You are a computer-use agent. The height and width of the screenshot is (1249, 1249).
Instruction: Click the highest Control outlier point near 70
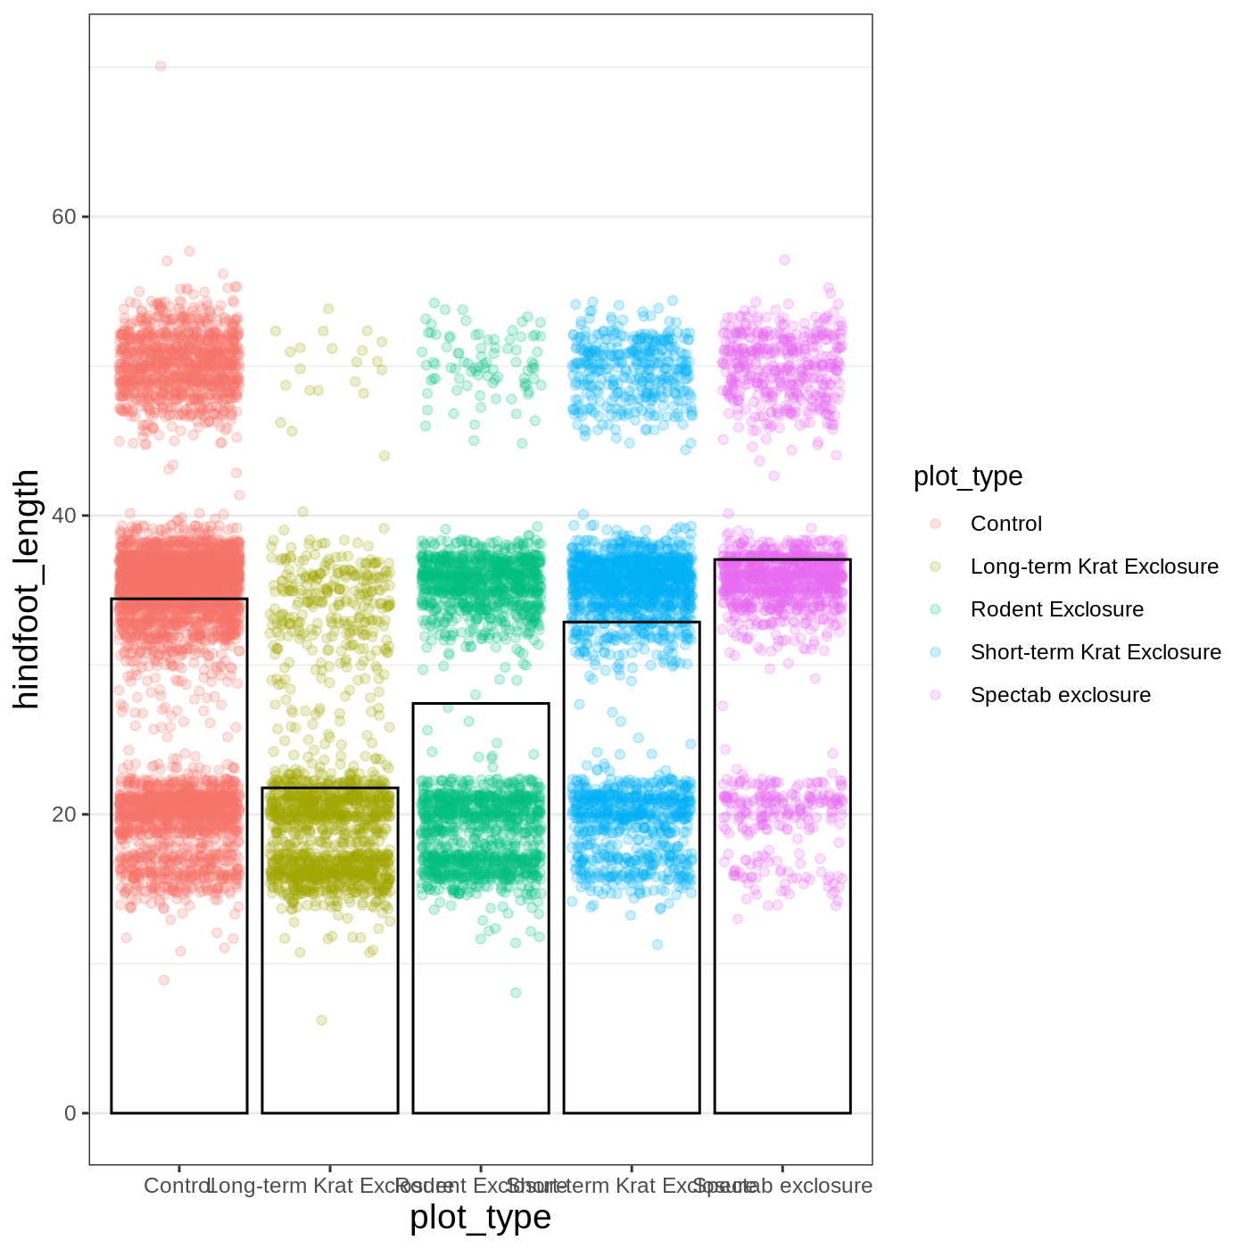(161, 66)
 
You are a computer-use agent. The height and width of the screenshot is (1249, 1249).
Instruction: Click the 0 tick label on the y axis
(70, 1113)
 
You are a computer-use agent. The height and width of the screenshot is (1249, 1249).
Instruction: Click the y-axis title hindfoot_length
(27, 589)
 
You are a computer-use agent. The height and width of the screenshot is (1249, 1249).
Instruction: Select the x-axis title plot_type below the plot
(480, 1218)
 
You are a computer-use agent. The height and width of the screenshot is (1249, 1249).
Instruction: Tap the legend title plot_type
(968, 476)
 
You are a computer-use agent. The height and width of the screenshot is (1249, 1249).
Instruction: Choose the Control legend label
(1005, 524)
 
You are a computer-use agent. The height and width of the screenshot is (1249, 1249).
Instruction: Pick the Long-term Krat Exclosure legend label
(1094, 567)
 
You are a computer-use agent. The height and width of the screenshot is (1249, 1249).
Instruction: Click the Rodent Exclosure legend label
(1056, 609)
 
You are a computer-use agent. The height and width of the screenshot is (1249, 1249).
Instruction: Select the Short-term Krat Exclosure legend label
(1096, 652)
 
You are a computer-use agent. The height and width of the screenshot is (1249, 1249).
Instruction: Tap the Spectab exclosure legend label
(1060, 695)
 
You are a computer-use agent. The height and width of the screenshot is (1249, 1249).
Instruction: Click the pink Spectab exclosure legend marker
(935, 695)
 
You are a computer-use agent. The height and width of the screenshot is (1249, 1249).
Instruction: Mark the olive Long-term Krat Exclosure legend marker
(935, 567)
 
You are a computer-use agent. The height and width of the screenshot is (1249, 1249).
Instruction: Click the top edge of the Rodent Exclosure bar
(481, 704)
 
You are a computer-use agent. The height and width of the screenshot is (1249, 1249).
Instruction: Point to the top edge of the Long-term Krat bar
(330, 788)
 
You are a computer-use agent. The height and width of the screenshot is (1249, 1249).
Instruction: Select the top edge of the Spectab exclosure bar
(782, 559)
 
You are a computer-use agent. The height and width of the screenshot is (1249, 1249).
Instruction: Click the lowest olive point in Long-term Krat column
(322, 1020)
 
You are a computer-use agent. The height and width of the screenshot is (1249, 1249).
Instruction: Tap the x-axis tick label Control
(178, 1186)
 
